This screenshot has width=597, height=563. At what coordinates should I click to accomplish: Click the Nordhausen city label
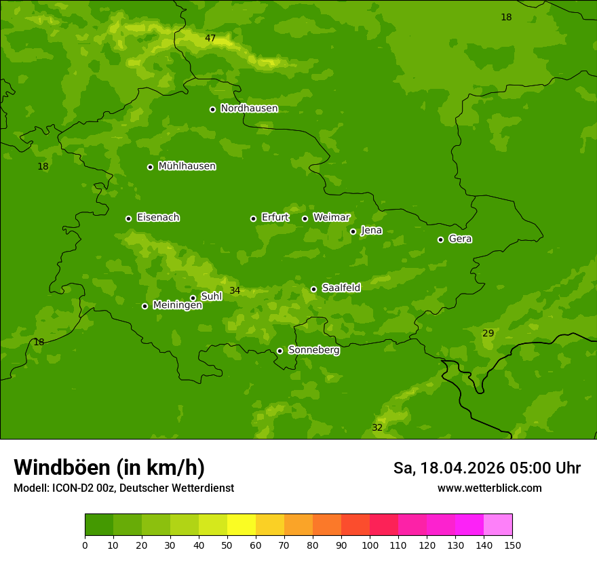pos(249,109)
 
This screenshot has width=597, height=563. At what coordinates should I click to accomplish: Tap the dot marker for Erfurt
pos(253,218)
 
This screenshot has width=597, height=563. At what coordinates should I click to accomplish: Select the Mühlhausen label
pos(187,166)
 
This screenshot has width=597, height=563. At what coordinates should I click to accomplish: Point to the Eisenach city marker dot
pos(128,218)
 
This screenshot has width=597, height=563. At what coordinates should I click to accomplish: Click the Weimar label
pos(331,218)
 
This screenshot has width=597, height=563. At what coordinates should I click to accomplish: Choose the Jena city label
pos(371,231)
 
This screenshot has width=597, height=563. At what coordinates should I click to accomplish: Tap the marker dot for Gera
pos(440,239)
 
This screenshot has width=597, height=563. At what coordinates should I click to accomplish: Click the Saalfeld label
pos(341,288)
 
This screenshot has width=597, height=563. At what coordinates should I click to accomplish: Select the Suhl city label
pos(211,296)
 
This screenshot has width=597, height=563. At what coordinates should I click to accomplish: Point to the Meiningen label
pos(177,305)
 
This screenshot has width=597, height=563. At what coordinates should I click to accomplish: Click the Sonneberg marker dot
pos(280,351)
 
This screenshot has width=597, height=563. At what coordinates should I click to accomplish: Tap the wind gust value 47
pos(210,39)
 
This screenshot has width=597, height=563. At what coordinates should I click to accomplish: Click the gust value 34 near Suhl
pos(235,291)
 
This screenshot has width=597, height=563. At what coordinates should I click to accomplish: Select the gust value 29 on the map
pos(488,333)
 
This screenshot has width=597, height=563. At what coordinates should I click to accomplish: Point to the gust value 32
pos(377,428)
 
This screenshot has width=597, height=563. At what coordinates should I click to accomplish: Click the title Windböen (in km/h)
pos(109,467)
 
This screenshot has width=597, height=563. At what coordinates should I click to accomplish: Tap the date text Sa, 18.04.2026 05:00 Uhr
pos(486,468)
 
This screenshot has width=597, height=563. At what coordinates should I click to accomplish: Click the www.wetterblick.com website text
pos(489,488)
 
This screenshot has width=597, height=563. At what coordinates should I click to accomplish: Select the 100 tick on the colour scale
pos(370,545)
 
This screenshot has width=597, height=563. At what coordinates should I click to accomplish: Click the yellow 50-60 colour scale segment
pos(242,525)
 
